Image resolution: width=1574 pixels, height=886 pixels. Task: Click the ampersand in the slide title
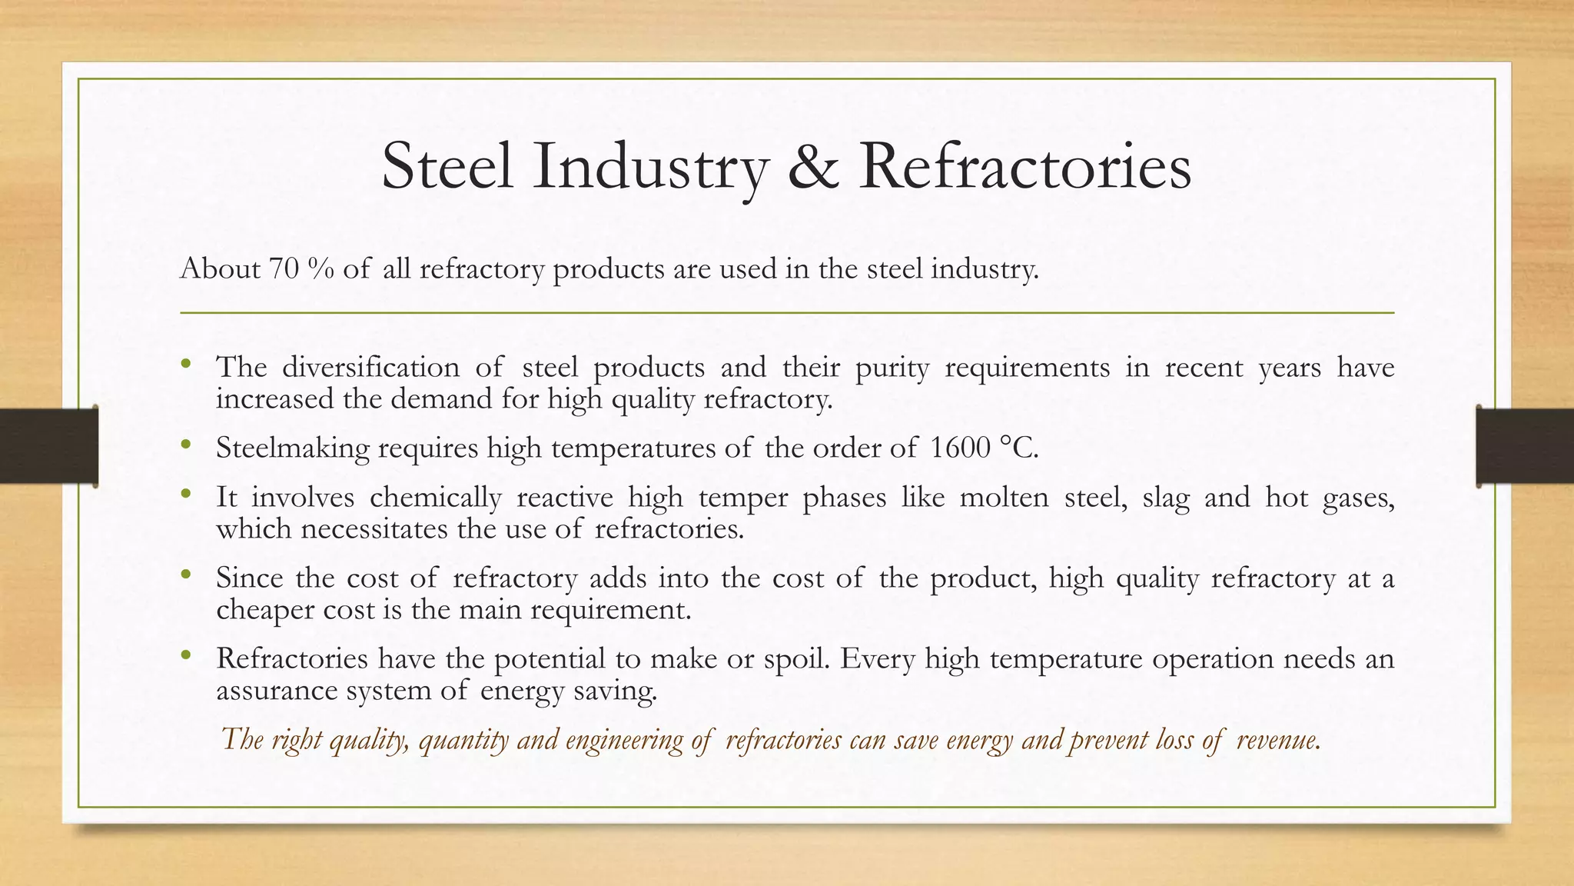point(814,167)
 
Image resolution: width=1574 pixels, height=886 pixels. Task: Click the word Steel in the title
point(447,167)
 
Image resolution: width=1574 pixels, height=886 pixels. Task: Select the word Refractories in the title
point(1024,167)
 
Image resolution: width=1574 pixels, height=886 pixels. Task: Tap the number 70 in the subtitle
point(284,269)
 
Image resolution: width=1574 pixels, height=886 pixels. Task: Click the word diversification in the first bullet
point(370,367)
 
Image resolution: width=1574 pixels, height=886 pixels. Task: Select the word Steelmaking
point(292,448)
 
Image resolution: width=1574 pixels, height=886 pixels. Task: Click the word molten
point(1004,498)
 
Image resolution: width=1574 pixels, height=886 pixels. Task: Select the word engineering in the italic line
point(624,740)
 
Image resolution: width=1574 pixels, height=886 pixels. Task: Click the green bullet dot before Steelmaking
point(185,445)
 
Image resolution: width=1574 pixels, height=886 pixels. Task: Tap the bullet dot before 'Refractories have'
point(185,656)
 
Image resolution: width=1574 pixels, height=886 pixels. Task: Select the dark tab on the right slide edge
point(1525,446)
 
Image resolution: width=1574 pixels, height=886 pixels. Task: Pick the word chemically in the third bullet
point(435,498)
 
